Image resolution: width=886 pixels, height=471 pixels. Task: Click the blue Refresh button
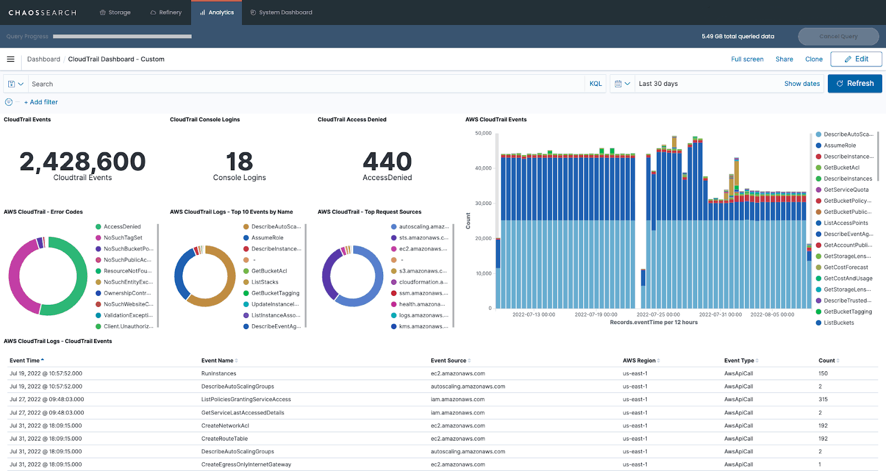[x=854, y=84]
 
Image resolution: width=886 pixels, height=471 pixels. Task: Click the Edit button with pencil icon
[x=856, y=59]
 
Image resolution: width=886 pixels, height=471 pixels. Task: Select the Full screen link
[x=747, y=59]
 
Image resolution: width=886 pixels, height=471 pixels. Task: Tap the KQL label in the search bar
[x=595, y=84]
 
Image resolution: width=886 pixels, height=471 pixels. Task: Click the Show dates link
[x=801, y=84]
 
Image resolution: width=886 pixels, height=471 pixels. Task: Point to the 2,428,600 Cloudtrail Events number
[x=83, y=162]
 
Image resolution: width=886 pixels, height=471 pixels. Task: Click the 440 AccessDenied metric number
[x=387, y=162]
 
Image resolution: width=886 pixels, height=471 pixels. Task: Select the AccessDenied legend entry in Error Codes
[x=122, y=227]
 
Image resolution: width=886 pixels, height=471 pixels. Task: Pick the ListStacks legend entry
[x=265, y=282]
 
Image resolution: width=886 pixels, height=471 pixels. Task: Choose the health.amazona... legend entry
[x=421, y=304]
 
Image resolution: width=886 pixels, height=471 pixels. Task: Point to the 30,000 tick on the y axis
[x=483, y=203]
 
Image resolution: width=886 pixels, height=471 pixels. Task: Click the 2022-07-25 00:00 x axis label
[x=658, y=314]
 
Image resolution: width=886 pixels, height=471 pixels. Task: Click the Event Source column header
[x=449, y=361]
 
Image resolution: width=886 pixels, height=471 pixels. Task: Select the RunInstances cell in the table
[x=219, y=373]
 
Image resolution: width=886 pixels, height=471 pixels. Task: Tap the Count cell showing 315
[x=823, y=400]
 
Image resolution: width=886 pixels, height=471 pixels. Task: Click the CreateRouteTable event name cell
[x=224, y=438]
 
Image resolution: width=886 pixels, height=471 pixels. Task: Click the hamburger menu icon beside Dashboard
[x=11, y=59]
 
